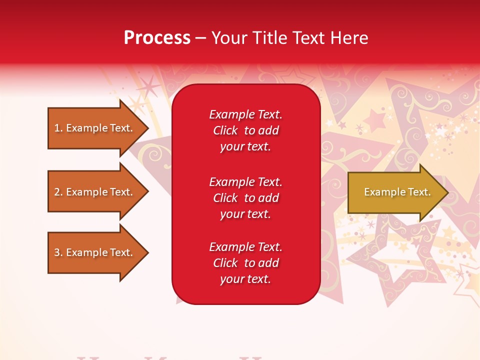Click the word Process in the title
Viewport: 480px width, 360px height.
coord(157,38)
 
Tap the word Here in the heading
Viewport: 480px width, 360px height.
coord(348,38)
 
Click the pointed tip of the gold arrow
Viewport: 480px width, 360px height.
coord(446,192)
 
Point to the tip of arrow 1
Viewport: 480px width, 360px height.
coord(147,128)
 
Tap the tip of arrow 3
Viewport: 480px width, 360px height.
coord(147,252)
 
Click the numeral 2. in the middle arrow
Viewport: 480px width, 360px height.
coord(58,192)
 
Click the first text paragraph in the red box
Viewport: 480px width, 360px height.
coord(245,130)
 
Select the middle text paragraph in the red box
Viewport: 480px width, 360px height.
coord(245,198)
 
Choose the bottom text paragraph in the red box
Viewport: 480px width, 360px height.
coord(245,263)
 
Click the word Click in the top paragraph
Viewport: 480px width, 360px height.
coord(225,131)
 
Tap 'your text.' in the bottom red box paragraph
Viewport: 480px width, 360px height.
coord(245,279)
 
